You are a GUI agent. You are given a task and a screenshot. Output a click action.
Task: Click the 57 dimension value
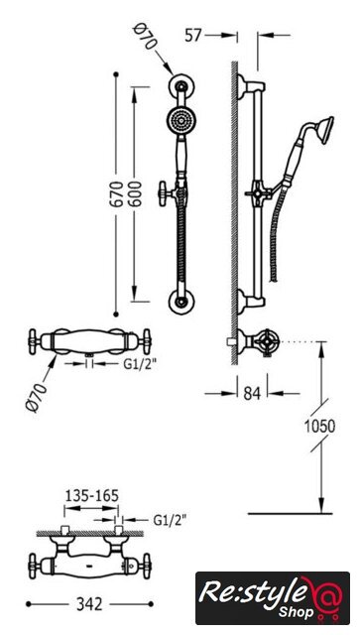click(192, 36)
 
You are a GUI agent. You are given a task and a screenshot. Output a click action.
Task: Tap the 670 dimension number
click(117, 194)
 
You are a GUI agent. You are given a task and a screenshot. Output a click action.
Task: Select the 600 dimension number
click(135, 194)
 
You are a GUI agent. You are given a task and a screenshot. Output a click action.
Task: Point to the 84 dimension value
click(252, 393)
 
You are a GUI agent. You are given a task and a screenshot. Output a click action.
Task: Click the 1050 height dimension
click(320, 426)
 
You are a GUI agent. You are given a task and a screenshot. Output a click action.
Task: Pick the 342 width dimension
click(89, 604)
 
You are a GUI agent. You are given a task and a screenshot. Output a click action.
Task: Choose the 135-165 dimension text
click(92, 495)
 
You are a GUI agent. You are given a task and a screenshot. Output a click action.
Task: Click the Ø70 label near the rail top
click(144, 37)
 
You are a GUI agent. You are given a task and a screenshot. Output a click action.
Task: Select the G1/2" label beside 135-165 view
click(170, 520)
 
